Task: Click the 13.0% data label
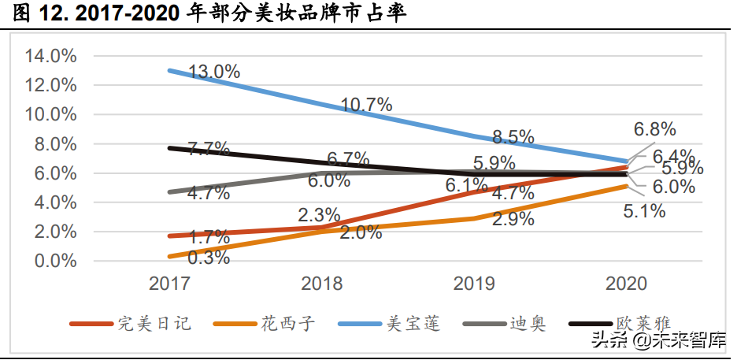click(214, 72)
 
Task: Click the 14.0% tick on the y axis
click(50, 56)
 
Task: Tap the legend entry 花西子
click(288, 323)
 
